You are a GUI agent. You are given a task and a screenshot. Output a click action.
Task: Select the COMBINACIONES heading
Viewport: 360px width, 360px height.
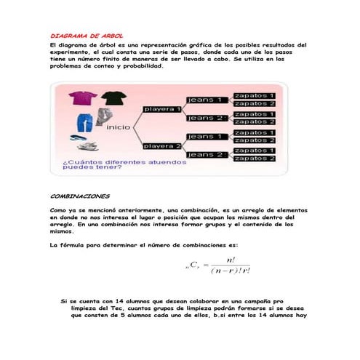tap(80, 196)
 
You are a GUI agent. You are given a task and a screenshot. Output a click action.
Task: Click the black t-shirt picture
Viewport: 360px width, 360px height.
tap(113, 98)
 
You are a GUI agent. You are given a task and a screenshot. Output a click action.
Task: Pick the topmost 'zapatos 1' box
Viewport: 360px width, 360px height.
tap(254, 95)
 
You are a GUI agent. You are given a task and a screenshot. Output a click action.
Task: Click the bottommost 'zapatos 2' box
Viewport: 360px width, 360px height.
tap(254, 159)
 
